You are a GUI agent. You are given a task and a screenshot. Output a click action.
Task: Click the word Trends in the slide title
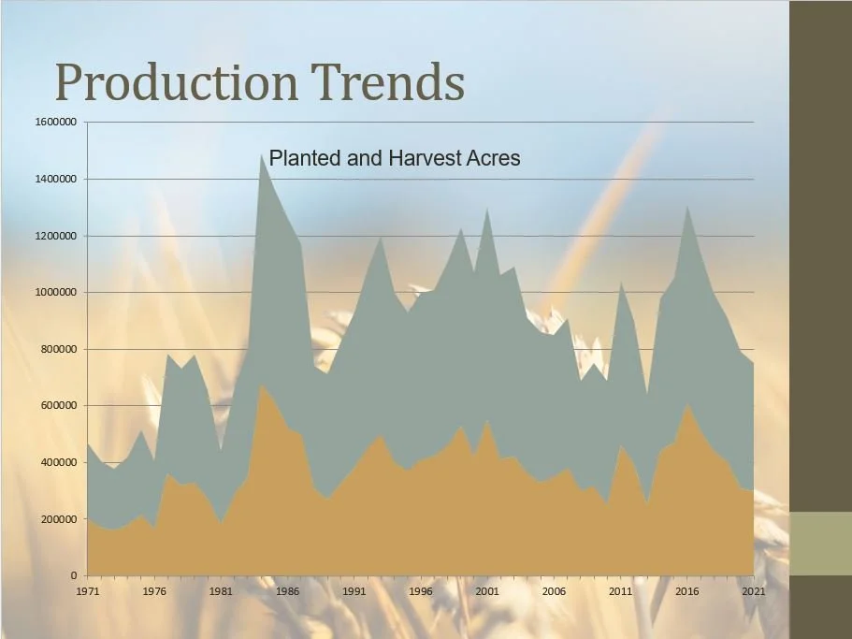pyautogui.click(x=388, y=82)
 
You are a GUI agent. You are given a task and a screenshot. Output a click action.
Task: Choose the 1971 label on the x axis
pyautogui.click(x=87, y=591)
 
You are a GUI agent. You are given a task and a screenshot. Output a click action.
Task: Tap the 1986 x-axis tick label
pyautogui.click(x=287, y=591)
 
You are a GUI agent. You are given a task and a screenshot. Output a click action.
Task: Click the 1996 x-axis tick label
pyautogui.click(x=421, y=591)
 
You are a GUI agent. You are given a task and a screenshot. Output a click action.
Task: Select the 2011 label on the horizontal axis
pyautogui.click(x=620, y=591)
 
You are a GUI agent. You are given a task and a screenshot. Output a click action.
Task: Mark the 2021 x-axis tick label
pyautogui.click(x=754, y=591)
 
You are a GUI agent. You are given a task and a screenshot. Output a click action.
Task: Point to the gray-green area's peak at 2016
pyautogui.click(x=687, y=207)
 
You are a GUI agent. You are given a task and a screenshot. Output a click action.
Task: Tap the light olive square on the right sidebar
pyautogui.click(x=820, y=544)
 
